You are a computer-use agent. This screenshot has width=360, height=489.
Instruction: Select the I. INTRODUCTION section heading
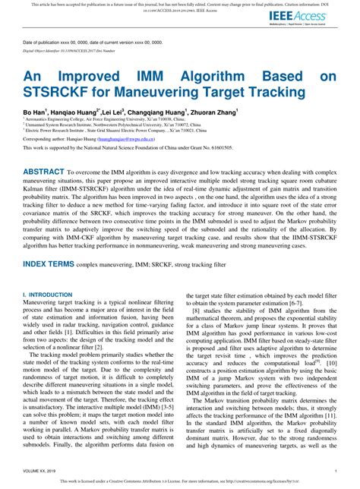click(48, 293)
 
